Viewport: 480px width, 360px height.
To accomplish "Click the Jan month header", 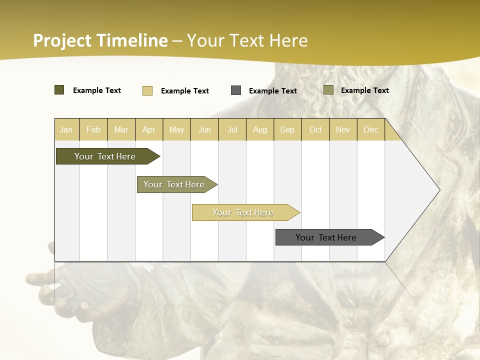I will pyautogui.click(x=66, y=129).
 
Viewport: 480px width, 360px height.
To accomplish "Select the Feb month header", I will pyautogui.click(x=93, y=129).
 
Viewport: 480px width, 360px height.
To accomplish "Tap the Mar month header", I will pyautogui.click(x=121, y=129).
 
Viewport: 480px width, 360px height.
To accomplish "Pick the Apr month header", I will pyautogui.click(x=149, y=129).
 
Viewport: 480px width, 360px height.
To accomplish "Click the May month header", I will pyautogui.click(x=176, y=129).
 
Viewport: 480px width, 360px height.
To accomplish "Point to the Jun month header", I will pyautogui.click(x=204, y=129).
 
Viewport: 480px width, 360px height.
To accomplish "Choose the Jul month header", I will pyautogui.click(x=232, y=129).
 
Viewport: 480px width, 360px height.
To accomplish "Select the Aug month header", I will pyautogui.click(x=260, y=129).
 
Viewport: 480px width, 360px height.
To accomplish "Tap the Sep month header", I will pyautogui.click(x=287, y=129).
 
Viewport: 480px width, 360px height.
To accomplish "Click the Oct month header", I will pyautogui.click(x=315, y=129).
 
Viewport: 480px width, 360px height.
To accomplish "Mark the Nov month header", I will pyautogui.click(x=343, y=129).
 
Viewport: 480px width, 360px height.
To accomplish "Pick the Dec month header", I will pyautogui.click(x=371, y=129).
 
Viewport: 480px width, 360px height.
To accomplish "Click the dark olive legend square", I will pyautogui.click(x=59, y=90).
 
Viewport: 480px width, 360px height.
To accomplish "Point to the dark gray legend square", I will pyautogui.click(x=236, y=90).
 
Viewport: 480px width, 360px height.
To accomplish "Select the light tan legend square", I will pyautogui.click(x=147, y=90).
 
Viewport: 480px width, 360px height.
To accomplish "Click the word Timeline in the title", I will pyautogui.click(x=132, y=40).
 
